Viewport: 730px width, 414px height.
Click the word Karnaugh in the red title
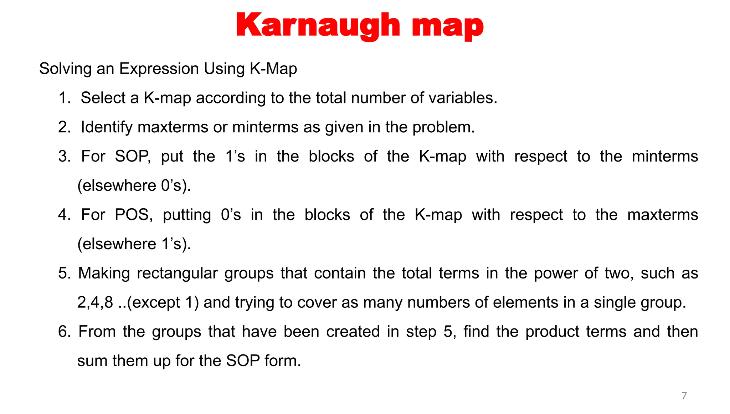pyautogui.click(x=318, y=26)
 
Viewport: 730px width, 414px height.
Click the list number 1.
pyautogui.click(x=64, y=98)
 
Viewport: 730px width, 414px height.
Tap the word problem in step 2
pyautogui.click(x=443, y=127)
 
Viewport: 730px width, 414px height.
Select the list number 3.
pyautogui.click(x=64, y=157)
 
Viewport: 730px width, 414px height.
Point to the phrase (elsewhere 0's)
pyautogui.click(x=134, y=186)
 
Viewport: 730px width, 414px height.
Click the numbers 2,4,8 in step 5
pyautogui.click(x=95, y=303)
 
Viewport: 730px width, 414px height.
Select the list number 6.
pyautogui.click(x=64, y=332)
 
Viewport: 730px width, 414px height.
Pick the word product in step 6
pyautogui.click(x=552, y=332)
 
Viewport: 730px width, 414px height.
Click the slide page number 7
pyautogui.click(x=684, y=395)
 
